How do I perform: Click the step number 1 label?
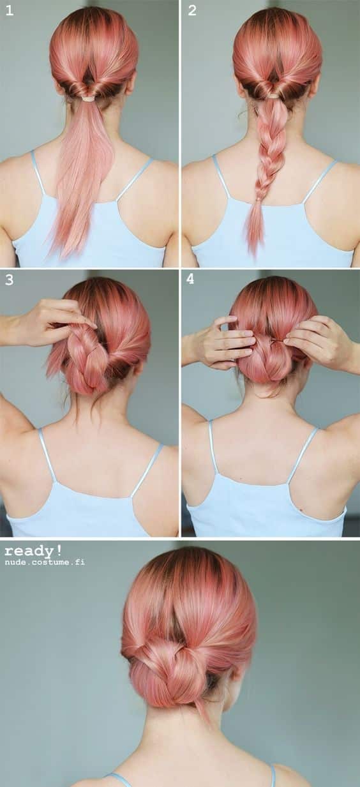[x=9, y=11]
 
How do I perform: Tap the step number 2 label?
[x=191, y=11]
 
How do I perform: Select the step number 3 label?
[x=9, y=280]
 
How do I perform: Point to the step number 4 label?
[x=190, y=279]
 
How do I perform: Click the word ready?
[x=33, y=550]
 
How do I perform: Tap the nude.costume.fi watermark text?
[x=45, y=562]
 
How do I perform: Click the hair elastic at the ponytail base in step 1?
[x=88, y=100]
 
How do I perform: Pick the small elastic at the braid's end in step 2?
[x=259, y=200]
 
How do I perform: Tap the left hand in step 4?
[x=220, y=343]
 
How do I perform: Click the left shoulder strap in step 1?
[x=38, y=172]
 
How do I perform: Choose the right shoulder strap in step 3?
[x=147, y=470]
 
